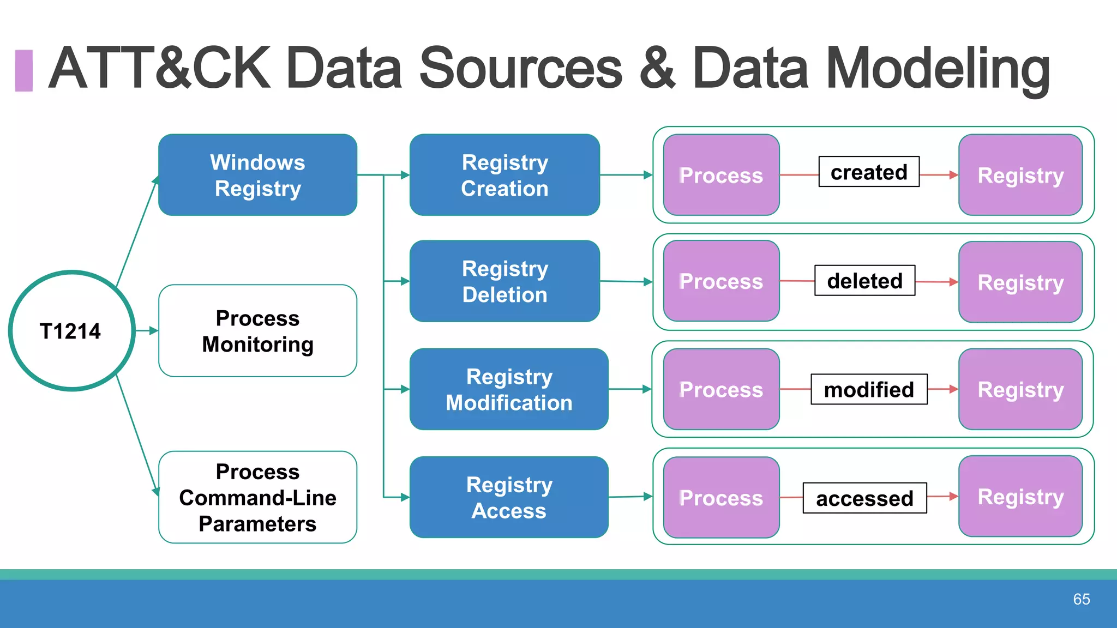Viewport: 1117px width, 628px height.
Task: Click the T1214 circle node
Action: click(x=71, y=331)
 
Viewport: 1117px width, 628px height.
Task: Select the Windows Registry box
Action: click(x=257, y=175)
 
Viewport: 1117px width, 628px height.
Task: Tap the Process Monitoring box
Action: click(x=257, y=331)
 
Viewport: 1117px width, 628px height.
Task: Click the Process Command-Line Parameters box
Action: click(x=257, y=497)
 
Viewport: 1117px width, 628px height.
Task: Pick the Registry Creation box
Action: click(x=505, y=175)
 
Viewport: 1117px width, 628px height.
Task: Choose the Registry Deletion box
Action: click(x=505, y=281)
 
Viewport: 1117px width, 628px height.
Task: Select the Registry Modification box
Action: click(x=509, y=389)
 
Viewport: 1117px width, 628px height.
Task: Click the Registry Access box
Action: click(x=509, y=497)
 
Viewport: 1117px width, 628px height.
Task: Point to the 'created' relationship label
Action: click(x=869, y=172)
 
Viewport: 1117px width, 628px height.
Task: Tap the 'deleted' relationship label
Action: click(x=864, y=281)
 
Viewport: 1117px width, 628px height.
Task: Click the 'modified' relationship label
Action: click(x=869, y=389)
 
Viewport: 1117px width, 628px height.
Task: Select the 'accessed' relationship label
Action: click(x=864, y=498)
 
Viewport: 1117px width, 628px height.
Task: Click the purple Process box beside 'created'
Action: click(x=721, y=175)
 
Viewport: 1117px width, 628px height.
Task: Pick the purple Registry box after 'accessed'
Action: click(x=1020, y=497)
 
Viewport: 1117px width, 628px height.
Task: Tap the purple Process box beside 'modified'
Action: click(x=721, y=389)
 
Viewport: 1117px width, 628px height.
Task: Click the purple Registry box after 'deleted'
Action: click(x=1020, y=282)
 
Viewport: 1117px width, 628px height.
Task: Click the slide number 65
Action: click(x=1081, y=599)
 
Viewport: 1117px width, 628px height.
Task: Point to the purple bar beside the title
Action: click(x=23, y=70)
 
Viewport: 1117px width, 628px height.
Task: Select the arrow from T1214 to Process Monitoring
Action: click(x=147, y=331)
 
